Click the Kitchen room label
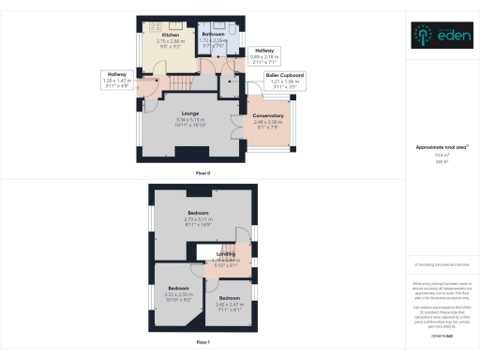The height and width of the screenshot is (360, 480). click(x=169, y=36)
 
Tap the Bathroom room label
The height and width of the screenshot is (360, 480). click(x=214, y=36)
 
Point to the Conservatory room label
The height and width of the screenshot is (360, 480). click(x=268, y=115)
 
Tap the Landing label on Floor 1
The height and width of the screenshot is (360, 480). click(x=226, y=252)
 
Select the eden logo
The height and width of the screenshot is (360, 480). click(x=440, y=37)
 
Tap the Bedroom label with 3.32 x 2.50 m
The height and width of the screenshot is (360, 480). click(x=178, y=288)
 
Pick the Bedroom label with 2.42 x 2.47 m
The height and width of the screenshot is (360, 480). click(x=230, y=299)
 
